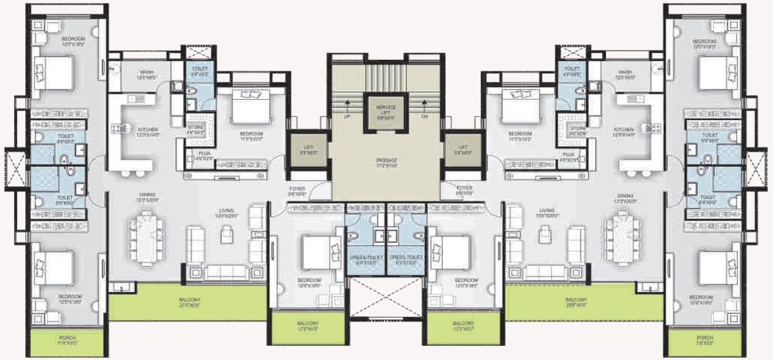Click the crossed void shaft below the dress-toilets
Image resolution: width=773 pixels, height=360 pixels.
pyautogui.click(x=387, y=297)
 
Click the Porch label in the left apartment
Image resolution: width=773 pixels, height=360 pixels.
pyautogui.click(x=67, y=340)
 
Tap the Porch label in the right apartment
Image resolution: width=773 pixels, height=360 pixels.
pyautogui.click(x=704, y=340)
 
